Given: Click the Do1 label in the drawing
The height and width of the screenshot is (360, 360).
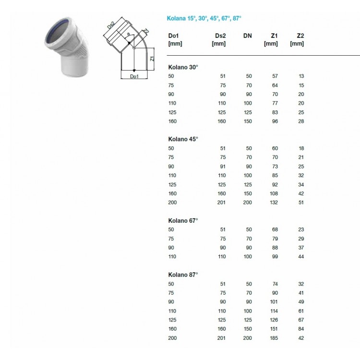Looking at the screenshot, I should [134, 76].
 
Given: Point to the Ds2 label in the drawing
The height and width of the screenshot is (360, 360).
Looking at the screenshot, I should [111, 26].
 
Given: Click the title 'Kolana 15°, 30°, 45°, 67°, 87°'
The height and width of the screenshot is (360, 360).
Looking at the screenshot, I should [204, 18].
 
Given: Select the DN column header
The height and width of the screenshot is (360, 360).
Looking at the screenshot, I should [247, 36].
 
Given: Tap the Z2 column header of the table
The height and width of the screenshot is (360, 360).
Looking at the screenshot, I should [300, 36].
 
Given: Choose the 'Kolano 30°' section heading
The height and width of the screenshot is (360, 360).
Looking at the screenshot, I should [183, 67].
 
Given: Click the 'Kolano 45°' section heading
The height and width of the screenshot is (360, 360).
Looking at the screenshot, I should [183, 139].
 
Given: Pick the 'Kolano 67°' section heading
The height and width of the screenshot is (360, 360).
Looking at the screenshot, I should [183, 220].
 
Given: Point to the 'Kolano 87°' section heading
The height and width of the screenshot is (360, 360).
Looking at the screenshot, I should [183, 275].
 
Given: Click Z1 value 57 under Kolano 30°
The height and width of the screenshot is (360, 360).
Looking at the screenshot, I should [274, 76].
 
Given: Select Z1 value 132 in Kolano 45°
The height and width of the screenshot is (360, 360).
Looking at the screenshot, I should [273, 203].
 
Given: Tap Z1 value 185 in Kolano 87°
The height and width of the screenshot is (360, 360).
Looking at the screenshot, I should [273, 338].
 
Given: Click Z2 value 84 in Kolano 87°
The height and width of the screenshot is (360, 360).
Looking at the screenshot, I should [300, 329].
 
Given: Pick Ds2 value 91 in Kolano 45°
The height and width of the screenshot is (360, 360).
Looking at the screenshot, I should [221, 166].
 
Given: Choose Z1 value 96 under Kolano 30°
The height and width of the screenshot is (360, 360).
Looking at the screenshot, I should [274, 121].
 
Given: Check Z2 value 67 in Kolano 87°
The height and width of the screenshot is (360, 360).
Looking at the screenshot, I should [300, 320].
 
